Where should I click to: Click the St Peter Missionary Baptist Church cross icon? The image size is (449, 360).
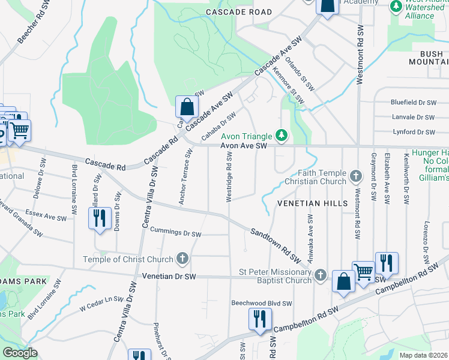321,275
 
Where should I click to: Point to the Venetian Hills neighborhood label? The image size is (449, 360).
312,203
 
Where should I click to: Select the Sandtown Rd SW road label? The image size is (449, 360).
275,245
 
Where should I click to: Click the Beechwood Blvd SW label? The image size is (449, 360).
262,304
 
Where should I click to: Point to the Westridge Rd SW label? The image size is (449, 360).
229,176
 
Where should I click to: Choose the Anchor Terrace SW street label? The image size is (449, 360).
186,176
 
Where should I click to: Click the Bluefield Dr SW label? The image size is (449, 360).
412,103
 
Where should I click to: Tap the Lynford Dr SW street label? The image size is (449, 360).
412,132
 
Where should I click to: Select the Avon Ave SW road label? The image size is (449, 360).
243,146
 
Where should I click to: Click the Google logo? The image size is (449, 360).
20,353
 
